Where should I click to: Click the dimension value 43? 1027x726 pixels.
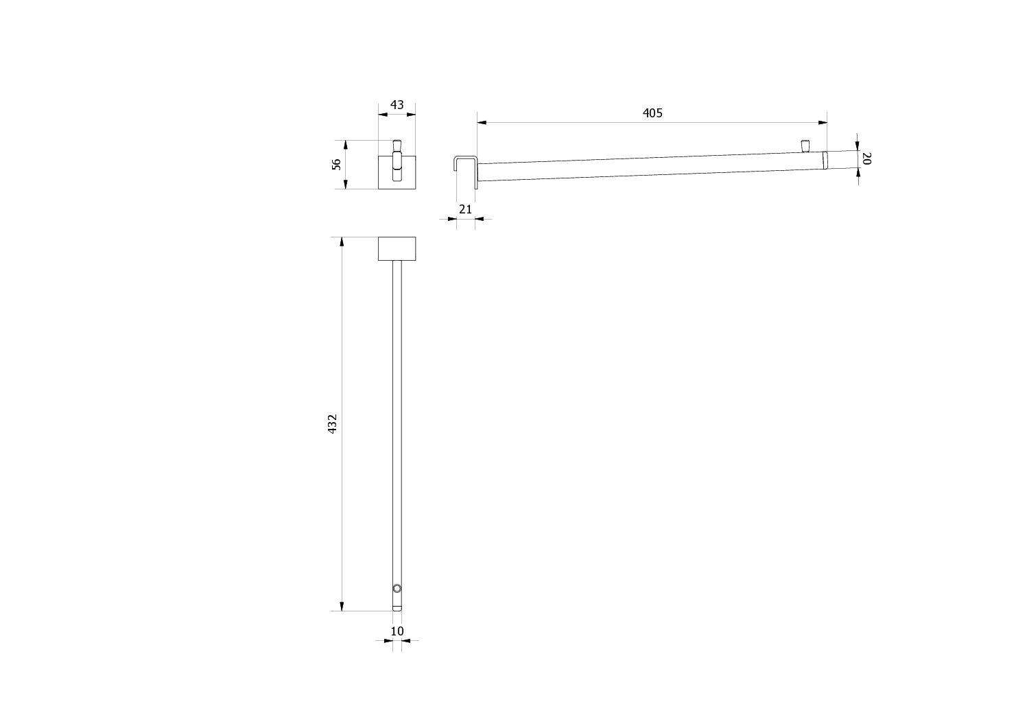(x=397, y=105)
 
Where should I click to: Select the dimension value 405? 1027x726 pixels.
(x=652, y=113)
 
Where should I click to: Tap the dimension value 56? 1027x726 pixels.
(x=337, y=164)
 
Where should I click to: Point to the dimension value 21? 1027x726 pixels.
(x=465, y=209)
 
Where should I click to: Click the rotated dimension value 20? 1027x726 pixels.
(x=866, y=159)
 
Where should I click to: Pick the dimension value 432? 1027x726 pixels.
(x=333, y=424)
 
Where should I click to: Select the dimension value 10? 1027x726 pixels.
(x=397, y=631)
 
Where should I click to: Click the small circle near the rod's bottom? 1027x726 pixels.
(x=397, y=588)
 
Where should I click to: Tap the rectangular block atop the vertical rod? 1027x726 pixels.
(x=397, y=248)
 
